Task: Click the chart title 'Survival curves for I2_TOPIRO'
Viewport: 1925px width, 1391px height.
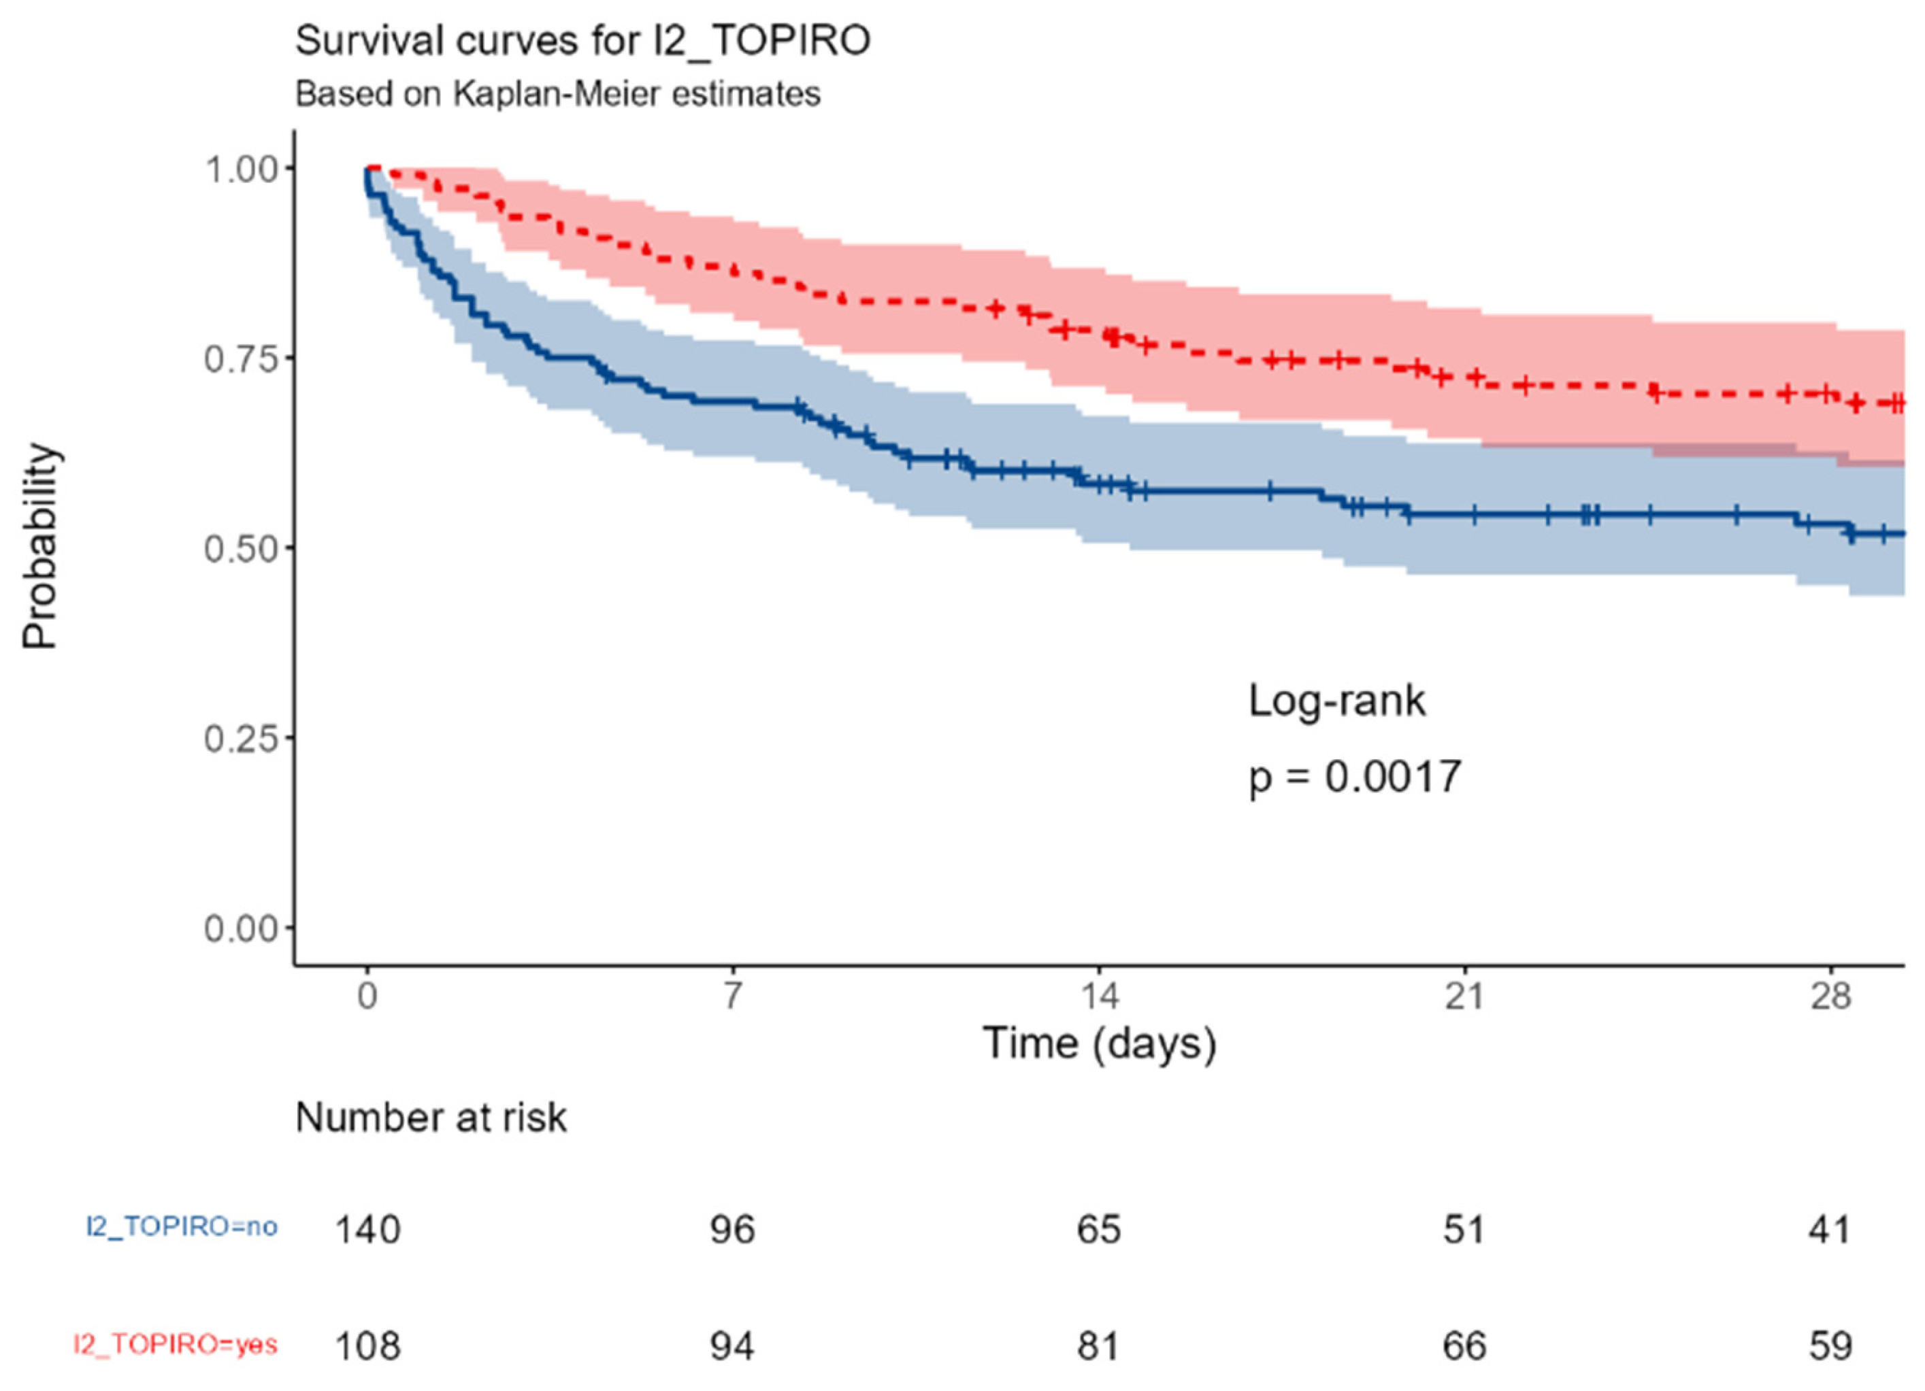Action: click(582, 41)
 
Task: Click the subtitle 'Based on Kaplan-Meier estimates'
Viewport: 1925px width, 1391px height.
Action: click(558, 94)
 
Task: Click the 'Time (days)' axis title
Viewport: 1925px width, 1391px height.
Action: click(1099, 1043)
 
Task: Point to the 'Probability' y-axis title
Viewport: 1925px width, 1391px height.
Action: click(40, 548)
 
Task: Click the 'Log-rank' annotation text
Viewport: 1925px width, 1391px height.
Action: click(1337, 702)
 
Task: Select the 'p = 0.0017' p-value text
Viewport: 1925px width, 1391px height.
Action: click(1355, 777)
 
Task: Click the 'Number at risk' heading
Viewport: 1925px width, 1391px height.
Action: click(430, 1118)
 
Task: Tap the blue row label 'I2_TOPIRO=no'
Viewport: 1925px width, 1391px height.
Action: click(182, 1226)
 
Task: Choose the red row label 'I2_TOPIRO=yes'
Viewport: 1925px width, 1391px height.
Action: click(176, 1343)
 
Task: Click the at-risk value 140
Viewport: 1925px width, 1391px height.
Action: click(367, 1230)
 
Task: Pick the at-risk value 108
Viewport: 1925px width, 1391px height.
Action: click(367, 1346)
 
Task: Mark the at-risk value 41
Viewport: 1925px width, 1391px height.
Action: click(1829, 1230)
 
